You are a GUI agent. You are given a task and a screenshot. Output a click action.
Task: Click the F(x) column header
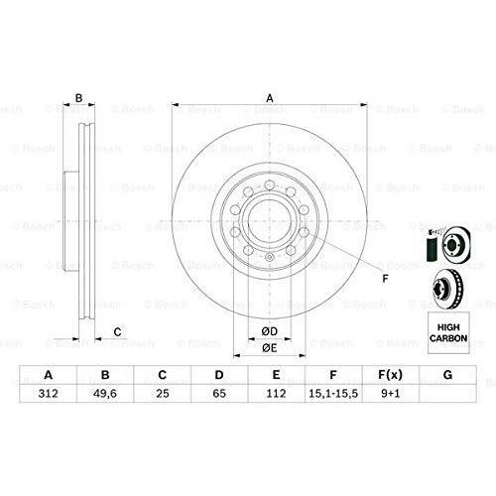392,375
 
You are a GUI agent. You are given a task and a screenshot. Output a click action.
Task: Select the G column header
448,375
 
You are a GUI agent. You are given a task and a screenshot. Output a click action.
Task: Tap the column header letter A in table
47,375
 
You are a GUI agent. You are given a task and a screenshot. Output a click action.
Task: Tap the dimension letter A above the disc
268,97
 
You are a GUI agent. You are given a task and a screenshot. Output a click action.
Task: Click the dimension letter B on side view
79,97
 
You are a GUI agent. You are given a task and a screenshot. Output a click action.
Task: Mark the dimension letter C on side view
117,330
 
